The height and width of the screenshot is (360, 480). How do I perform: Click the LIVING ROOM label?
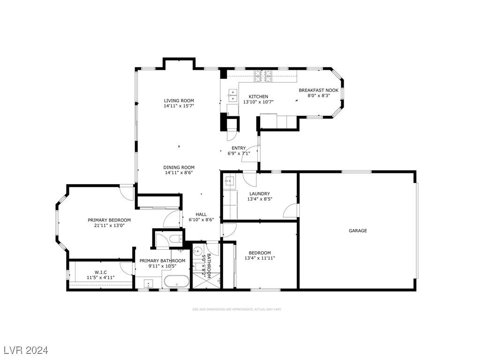click(x=179, y=100)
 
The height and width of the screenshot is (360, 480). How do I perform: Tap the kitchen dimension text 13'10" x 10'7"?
click(x=258, y=102)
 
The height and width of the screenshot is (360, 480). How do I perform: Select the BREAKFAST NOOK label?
click(x=318, y=90)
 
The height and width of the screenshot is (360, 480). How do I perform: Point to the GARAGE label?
click(x=357, y=230)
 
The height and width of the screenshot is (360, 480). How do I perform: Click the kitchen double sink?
click(x=232, y=96)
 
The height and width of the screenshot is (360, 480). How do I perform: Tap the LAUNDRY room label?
click(x=259, y=194)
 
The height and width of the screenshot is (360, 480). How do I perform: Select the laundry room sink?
click(x=229, y=180)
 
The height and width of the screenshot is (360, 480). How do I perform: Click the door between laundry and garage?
click(x=291, y=211)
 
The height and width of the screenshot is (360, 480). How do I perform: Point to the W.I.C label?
click(x=101, y=272)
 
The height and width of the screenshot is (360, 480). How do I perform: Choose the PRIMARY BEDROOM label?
click(x=109, y=220)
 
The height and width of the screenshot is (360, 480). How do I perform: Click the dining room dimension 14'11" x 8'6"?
click(x=179, y=172)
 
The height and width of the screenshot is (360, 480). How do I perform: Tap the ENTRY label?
click(x=239, y=148)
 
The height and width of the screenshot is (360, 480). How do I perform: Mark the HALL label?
click(x=201, y=214)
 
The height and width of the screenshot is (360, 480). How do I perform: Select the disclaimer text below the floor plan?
click(x=237, y=309)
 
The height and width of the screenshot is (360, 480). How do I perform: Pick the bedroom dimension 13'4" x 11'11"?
click(x=260, y=258)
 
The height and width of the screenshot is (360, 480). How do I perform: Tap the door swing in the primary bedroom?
click(x=127, y=191)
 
